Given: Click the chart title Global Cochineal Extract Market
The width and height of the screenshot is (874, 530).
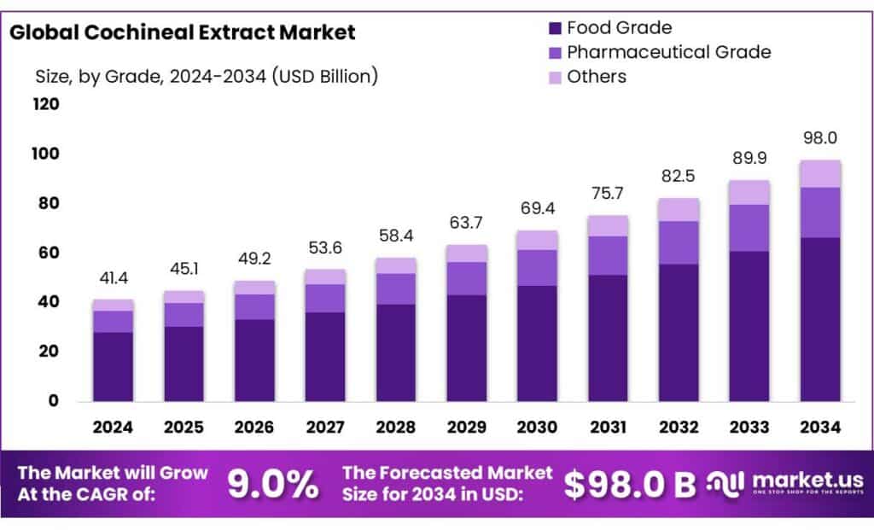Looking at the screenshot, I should coord(181,33).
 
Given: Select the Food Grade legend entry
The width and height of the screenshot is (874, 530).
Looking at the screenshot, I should coord(618,28).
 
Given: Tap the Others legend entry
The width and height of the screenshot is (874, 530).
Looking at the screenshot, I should coord(596,77).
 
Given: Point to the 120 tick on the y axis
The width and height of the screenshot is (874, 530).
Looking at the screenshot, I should coord(46,105).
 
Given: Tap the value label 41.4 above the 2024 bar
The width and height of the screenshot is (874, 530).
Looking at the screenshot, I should coord(114,277).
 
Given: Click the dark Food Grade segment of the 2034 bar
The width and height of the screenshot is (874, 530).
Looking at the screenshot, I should coord(820,320).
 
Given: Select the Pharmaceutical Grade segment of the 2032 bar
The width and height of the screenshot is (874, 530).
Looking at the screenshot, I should coord(679,242).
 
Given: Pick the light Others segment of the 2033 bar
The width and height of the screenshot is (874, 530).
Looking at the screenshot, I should coord(749,192).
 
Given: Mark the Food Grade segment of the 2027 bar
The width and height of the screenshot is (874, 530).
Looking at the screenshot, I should coord(325,357).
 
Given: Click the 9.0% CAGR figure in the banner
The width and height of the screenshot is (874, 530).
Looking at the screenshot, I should coord(272,484).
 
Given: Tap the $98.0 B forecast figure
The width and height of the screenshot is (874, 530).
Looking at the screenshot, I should coord(630,484).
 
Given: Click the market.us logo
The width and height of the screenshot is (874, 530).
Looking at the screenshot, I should coord(786,483).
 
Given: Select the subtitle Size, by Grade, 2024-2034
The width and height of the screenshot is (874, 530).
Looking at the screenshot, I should coord(206,77).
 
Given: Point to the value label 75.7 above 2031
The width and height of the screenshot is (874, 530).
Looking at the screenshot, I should coord(608,194).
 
